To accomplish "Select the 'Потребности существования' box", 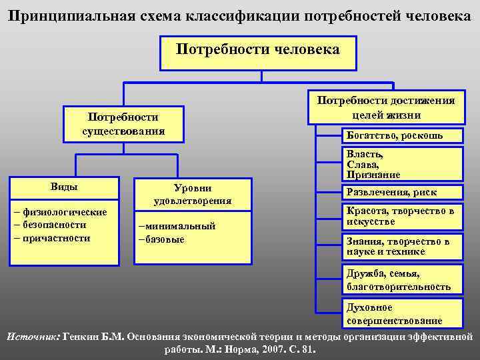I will [x=123, y=124].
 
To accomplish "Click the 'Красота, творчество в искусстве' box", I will [x=401, y=216].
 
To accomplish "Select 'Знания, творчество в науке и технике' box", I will [x=401, y=246].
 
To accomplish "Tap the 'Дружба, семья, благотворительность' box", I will [x=401, y=280].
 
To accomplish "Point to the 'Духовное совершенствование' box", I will [x=401, y=313].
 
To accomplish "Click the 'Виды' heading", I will [x=64, y=186].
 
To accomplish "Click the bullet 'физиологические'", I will [x=64, y=212].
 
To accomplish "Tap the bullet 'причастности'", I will [x=56, y=237].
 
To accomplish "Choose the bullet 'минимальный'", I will [x=177, y=226].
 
